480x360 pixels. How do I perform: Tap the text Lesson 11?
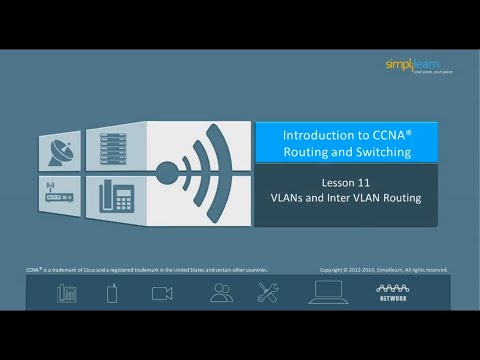pyautogui.click(x=345, y=183)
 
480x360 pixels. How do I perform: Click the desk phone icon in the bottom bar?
pyautogui.click(x=66, y=293)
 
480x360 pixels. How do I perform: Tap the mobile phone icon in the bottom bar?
pyautogui.click(x=113, y=293)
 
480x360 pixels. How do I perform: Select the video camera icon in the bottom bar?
pyautogui.click(x=162, y=293)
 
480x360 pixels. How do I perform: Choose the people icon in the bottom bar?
pyautogui.click(x=221, y=293)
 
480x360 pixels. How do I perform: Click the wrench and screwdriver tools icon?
pyautogui.click(x=268, y=293)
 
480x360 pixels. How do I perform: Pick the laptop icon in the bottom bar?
pyautogui.click(x=328, y=292)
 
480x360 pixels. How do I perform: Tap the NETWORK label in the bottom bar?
pyautogui.click(x=392, y=298)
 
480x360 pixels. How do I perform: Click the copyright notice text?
pyautogui.click(x=383, y=269)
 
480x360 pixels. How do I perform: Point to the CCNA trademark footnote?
pyautogui.click(x=147, y=269)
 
